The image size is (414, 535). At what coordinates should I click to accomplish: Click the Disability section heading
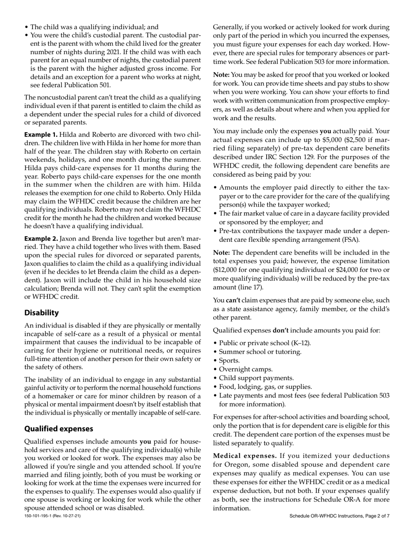(x=41, y=313)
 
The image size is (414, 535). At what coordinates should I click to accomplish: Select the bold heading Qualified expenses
(x=58, y=428)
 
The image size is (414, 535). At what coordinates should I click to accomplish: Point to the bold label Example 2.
(x=41, y=239)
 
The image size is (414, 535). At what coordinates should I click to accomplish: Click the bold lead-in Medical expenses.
(x=245, y=455)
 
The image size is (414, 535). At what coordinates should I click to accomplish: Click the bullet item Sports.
(x=229, y=361)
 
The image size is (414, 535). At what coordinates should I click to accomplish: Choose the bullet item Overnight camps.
(x=246, y=369)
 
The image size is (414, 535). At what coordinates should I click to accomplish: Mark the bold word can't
(x=233, y=300)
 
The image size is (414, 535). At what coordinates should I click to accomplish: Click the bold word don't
(x=281, y=331)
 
